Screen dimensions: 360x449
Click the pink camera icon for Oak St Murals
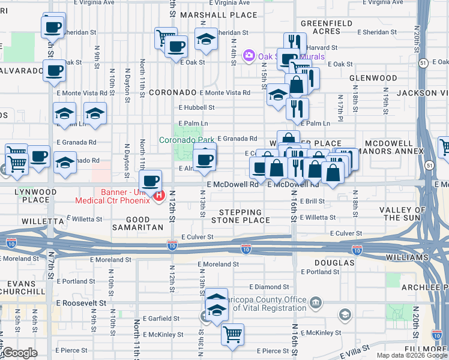tap(249, 56)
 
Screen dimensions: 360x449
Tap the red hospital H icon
tap(159, 194)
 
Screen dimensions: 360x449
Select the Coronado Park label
tap(187, 140)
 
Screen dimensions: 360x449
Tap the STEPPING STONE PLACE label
tap(240, 216)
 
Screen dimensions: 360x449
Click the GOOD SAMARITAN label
tap(137, 224)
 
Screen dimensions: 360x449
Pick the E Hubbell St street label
tap(196, 107)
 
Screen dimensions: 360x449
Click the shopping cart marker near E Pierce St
tap(232, 334)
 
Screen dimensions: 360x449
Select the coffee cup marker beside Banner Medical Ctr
tap(150, 179)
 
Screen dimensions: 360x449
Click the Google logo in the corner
tap(20, 353)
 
